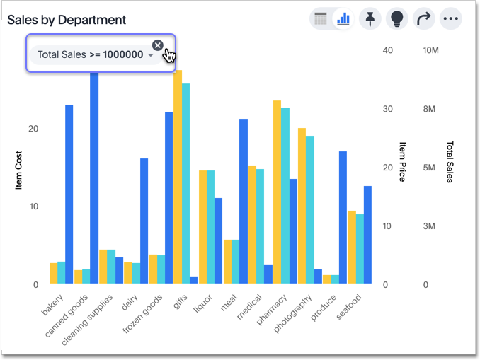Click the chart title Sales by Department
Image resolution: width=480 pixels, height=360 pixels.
coord(67,20)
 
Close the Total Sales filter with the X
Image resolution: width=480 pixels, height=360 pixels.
coord(158,45)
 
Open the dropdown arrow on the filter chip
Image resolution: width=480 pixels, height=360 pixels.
coord(151,55)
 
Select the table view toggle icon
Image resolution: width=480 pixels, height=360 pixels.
coord(321,19)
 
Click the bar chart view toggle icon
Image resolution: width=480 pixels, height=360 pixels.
coord(343,19)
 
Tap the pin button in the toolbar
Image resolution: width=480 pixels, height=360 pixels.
coord(370,19)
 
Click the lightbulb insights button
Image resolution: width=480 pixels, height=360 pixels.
coord(396,19)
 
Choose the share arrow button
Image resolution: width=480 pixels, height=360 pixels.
coord(423,19)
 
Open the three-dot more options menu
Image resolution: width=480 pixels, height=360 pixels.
coord(450,19)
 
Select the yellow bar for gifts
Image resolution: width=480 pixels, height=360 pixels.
coord(178,177)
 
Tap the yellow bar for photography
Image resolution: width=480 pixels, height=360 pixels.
coord(302,206)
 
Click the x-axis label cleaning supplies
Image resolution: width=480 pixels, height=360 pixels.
coord(88,319)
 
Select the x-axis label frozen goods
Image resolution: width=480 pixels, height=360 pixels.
coord(144,315)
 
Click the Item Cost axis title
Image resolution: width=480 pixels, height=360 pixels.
coord(19,170)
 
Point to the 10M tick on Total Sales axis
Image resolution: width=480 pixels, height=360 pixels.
coord(430,50)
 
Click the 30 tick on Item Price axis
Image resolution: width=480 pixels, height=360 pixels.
coord(386,109)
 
